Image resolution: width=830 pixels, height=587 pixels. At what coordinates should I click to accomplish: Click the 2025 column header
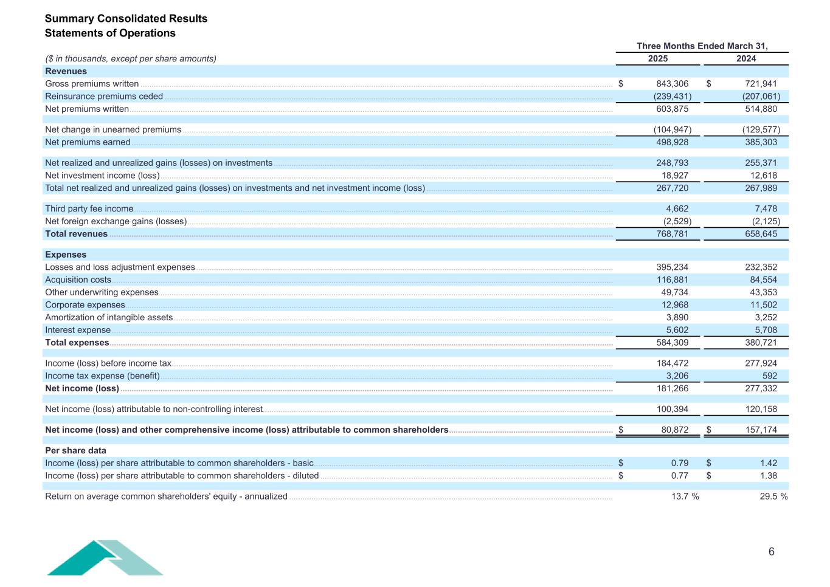[658, 59]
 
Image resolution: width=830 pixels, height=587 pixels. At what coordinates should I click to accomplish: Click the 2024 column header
[746, 59]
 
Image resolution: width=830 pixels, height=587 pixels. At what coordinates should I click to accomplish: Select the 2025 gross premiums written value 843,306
[673, 84]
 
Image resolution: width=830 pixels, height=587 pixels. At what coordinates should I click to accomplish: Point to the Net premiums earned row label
[88, 142]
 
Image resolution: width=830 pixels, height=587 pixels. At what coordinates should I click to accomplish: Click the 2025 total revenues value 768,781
[673, 234]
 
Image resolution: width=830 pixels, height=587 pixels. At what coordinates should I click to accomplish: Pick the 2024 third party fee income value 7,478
[765, 209]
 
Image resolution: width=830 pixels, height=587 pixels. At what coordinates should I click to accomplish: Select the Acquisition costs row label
[78, 280]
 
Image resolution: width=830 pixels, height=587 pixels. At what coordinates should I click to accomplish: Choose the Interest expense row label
[78, 331]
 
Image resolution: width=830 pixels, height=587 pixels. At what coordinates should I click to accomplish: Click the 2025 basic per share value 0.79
[680, 464]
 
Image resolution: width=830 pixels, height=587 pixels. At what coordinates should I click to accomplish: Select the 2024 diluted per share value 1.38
[769, 476]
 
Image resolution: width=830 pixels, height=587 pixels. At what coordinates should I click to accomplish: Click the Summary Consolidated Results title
[126, 19]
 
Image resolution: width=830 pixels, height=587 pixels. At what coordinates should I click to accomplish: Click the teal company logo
[105, 557]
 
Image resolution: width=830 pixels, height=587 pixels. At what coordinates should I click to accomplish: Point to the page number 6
[772, 552]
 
